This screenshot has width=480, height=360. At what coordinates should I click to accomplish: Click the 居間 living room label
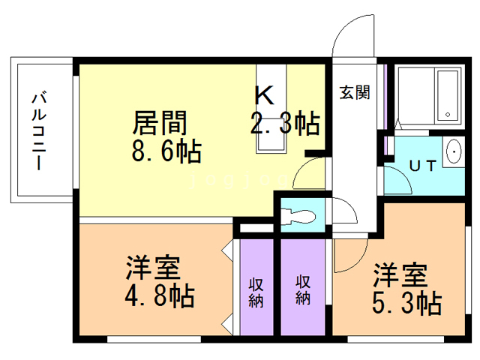(x=160, y=121)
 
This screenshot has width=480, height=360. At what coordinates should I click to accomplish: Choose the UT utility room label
(x=421, y=166)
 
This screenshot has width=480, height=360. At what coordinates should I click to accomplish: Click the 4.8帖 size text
(x=159, y=295)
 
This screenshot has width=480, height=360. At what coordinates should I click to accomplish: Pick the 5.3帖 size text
(x=406, y=303)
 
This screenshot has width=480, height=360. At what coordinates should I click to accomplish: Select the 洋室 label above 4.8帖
(x=152, y=267)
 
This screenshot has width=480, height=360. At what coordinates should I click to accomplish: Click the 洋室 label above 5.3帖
(x=400, y=274)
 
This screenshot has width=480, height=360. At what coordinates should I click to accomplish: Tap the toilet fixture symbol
(x=301, y=215)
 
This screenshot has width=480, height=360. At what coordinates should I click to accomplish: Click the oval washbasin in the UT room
(x=454, y=152)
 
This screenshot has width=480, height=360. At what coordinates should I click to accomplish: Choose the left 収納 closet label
(x=256, y=292)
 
